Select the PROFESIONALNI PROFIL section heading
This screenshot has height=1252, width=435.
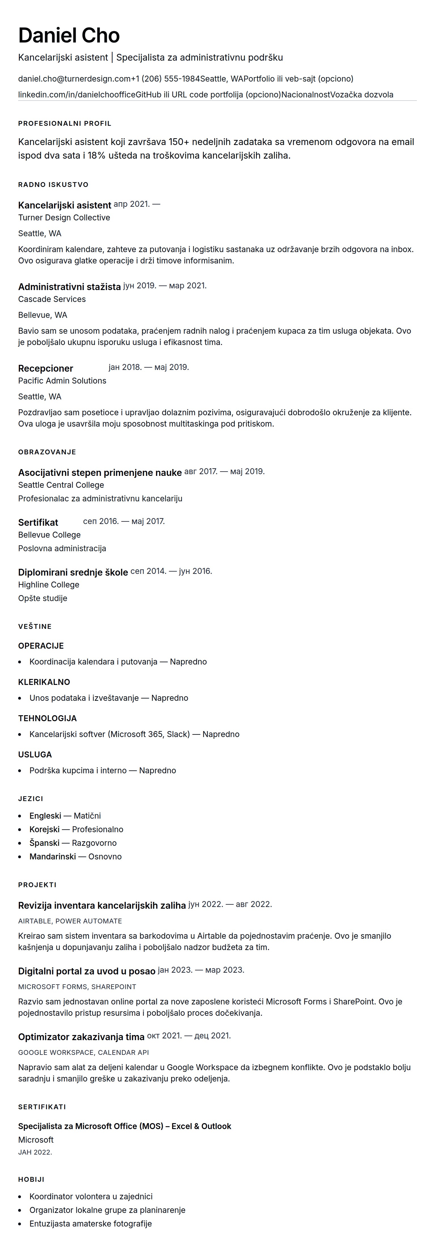point(65,124)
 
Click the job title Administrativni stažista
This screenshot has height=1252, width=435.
point(69,287)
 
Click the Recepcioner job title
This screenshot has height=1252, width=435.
point(45,369)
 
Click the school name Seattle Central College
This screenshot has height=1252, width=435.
point(61,485)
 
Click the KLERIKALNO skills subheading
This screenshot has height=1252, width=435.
point(44,682)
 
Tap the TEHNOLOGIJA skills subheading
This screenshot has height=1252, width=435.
point(47,718)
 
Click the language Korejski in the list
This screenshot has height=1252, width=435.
point(44,829)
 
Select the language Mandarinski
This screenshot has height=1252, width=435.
point(52,856)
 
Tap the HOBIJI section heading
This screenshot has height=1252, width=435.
point(31,1179)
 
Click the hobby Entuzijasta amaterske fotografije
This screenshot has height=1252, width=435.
point(90,1223)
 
